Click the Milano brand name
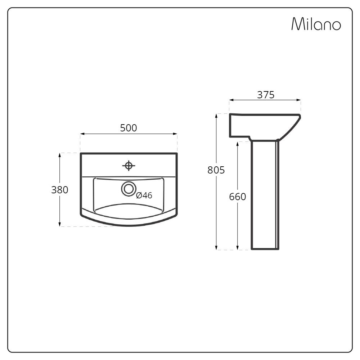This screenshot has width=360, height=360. coord(316,24)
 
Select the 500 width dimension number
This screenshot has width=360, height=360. coord(129,128)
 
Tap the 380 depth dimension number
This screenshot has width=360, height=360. coord(59,190)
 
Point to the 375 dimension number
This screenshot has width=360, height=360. coord(266,95)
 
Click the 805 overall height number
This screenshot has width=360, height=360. coord(216,170)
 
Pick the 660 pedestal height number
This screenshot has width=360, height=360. coord(237,197)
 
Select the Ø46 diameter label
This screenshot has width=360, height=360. coord(144,195)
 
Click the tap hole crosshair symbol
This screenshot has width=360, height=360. coord(129,166)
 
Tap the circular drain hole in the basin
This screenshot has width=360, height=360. coord(128,189)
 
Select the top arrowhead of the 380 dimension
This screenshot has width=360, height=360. coord(59,155)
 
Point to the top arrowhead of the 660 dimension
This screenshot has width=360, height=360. coord(237,144)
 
